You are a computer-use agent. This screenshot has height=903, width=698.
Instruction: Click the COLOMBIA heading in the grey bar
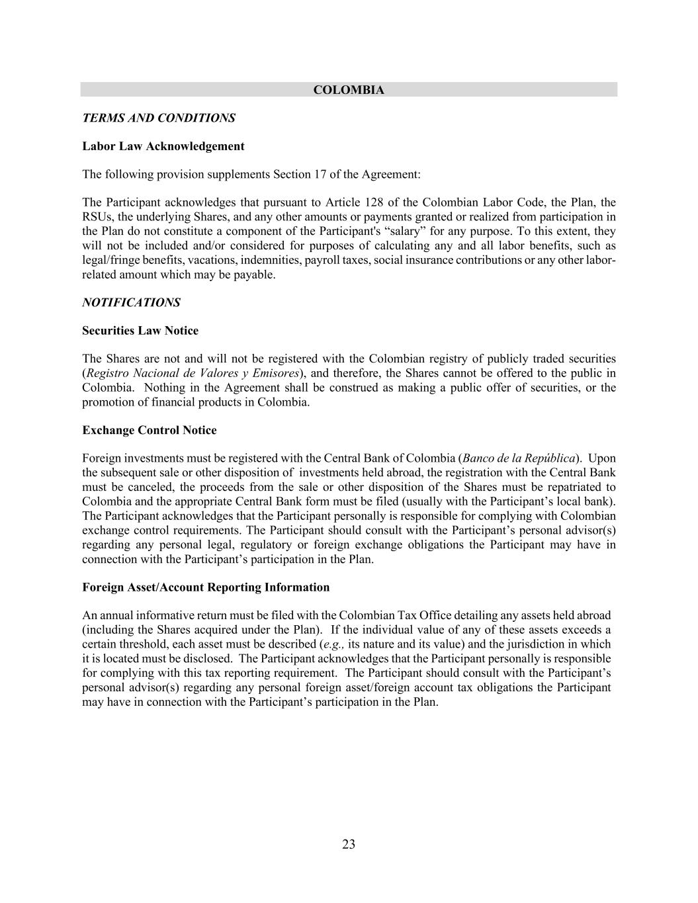click(x=349, y=90)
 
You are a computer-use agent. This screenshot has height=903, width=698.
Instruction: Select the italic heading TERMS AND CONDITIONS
click(x=159, y=118)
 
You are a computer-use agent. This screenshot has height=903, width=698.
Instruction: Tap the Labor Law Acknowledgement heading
click(x=163, y=146)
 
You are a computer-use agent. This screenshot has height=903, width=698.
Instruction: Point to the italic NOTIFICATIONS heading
click(x=131, y=302)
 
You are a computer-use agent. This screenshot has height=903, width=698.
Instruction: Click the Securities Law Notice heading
click(x=140, y=331)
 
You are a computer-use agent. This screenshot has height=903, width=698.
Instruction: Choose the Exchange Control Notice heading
click(x=150, y=431)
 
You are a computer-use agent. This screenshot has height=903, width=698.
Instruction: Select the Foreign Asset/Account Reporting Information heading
click(x=206, y=587)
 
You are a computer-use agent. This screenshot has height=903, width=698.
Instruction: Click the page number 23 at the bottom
click(x=349, y=844)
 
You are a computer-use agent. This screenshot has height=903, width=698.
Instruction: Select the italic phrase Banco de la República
click(x=519, y=458)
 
